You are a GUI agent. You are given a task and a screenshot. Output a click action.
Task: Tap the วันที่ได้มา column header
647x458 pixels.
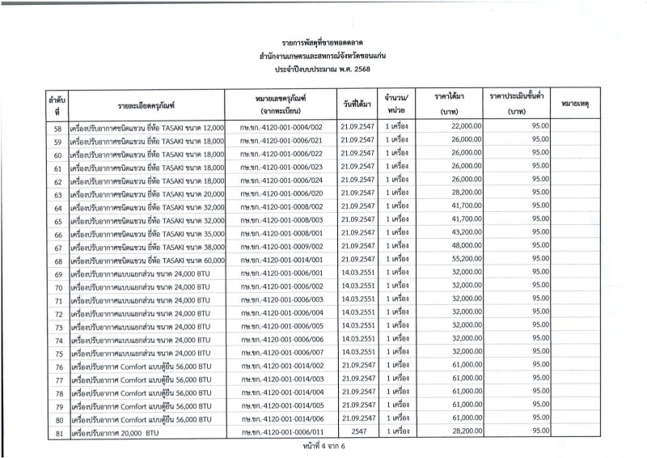pos(357,104)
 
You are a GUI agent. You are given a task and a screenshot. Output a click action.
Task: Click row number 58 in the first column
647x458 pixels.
pos(57,128)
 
